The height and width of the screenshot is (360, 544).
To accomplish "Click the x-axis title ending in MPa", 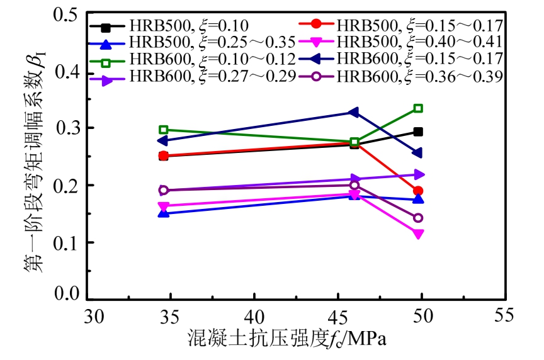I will [286, 339].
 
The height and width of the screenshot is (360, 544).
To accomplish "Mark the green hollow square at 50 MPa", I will [418, 108].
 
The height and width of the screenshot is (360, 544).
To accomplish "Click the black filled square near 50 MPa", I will [418, 132].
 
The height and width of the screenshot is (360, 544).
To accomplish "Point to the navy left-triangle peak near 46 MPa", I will [354, 113].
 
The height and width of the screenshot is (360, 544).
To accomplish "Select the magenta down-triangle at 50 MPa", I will [418, 234].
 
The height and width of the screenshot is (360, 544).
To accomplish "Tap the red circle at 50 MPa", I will [418, 191].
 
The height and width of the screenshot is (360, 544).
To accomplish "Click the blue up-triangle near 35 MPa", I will [164, 213].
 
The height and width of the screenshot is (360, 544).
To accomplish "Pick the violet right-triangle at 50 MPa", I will [418, 174].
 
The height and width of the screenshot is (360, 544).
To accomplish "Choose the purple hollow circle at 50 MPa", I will [418, 218].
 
